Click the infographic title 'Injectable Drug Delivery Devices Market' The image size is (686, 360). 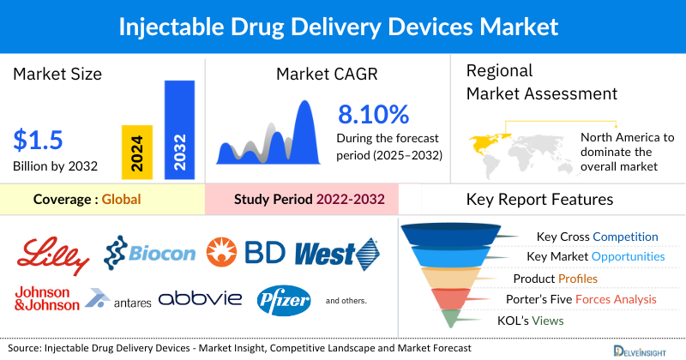click(x=343, y=27)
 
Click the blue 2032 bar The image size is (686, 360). click(x=179, y=129)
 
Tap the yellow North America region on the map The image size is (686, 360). click(x=486, y=139)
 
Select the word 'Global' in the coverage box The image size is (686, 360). click(x=121, y=200)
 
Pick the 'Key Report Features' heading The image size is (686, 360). click(x=539, y=200)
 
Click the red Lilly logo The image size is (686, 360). click(x=54, y=251)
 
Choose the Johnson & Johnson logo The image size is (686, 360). click(x=46, y=298)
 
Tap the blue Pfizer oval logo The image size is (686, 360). click(x=282, y=299)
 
